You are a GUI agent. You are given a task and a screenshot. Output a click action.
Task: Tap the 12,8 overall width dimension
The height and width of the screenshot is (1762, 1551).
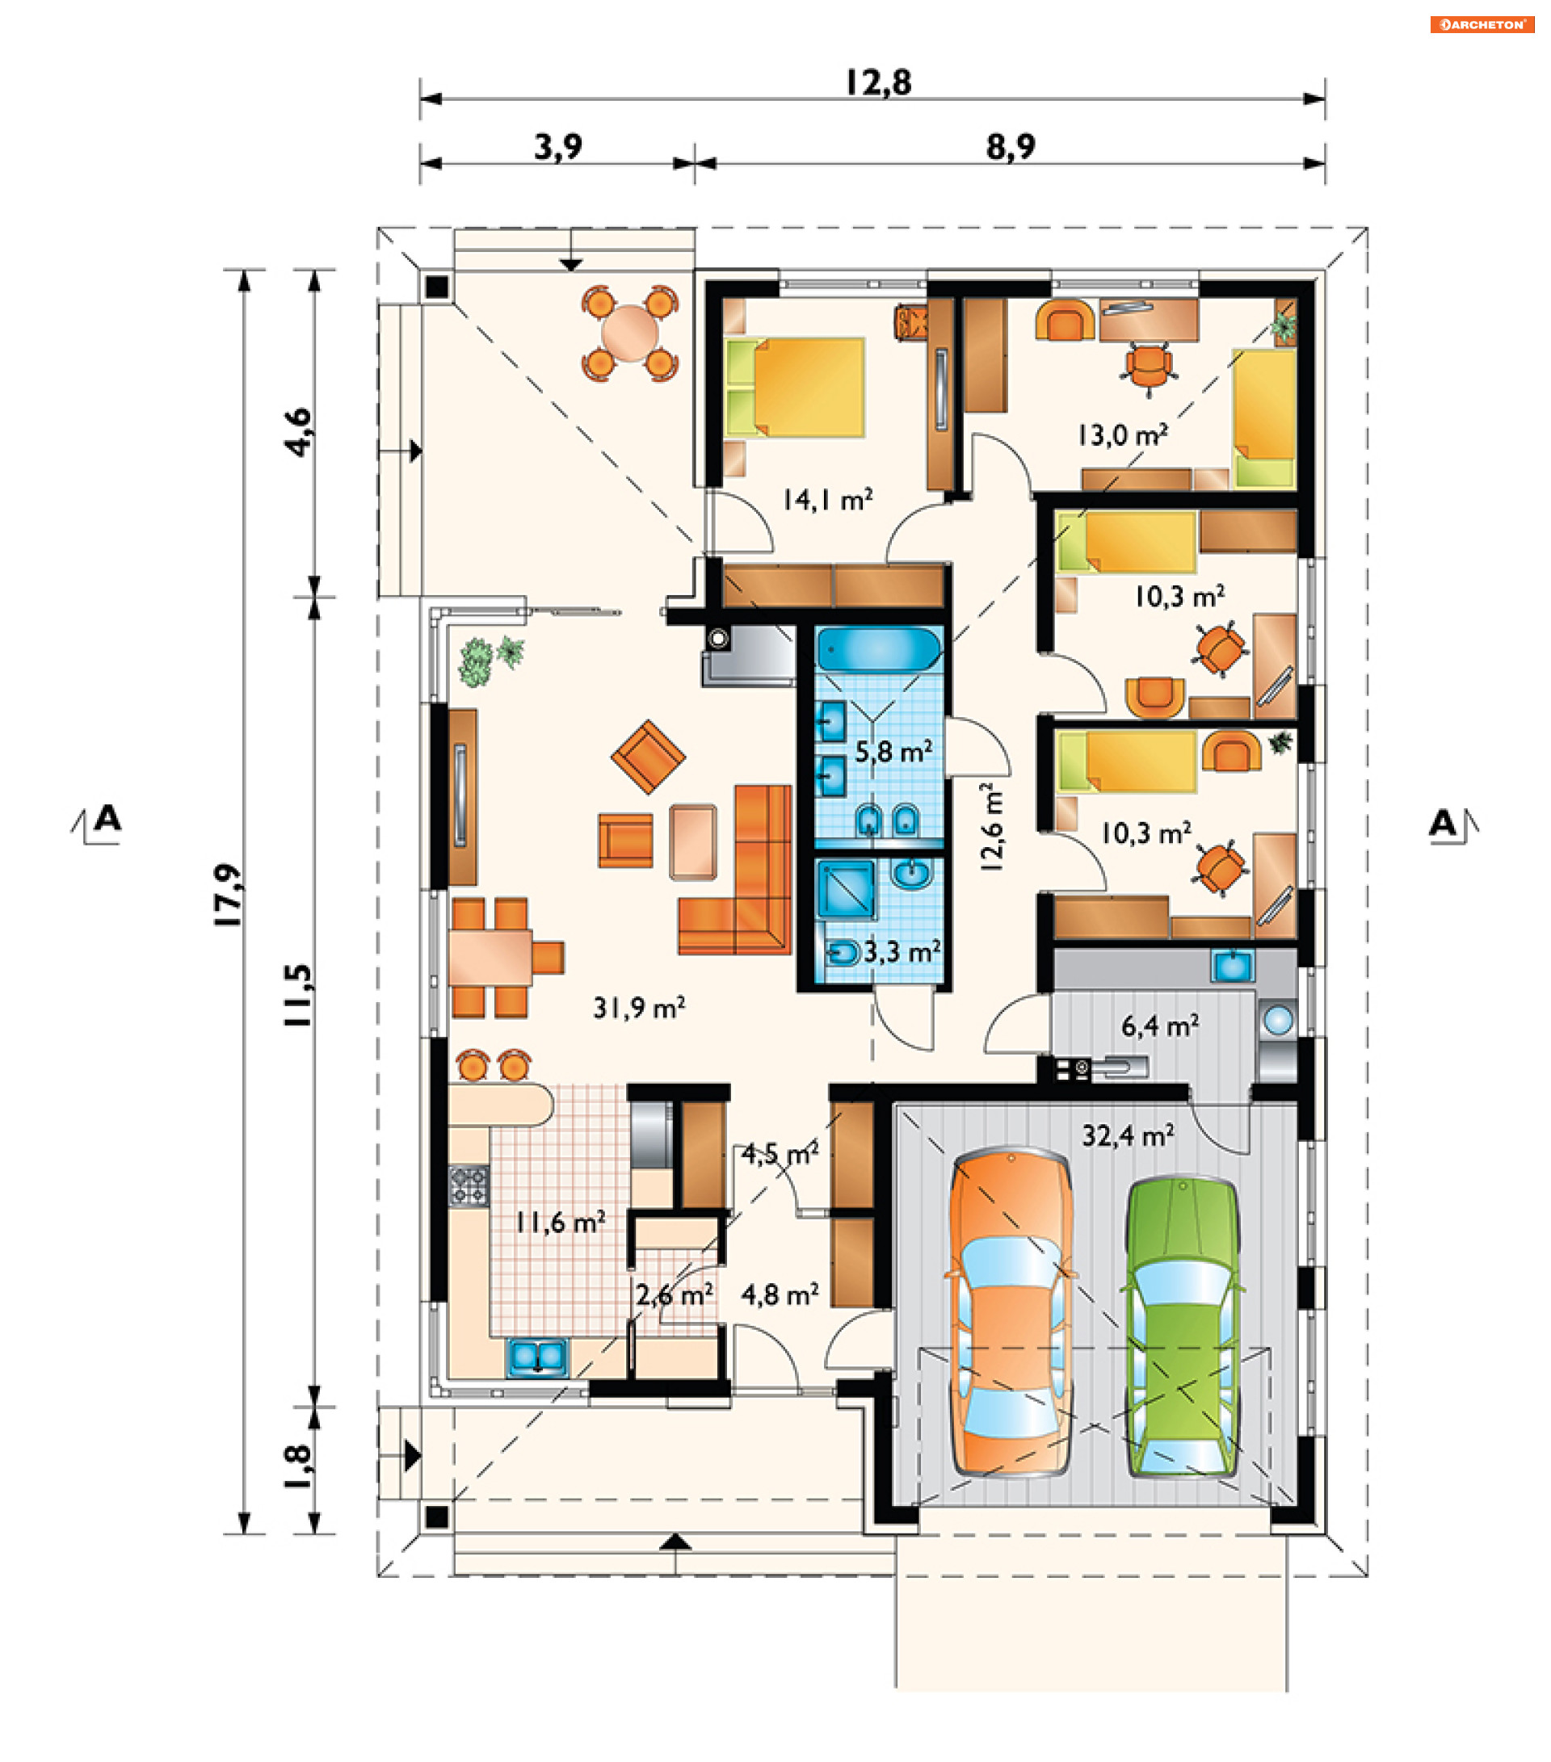[877, 82]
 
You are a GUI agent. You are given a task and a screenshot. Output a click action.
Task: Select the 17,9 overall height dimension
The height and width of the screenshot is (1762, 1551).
[229, 895]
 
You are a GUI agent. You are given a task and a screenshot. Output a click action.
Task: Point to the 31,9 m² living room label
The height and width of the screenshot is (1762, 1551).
[639, 1008]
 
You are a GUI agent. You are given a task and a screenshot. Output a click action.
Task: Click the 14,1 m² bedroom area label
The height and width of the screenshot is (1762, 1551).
[827, 500]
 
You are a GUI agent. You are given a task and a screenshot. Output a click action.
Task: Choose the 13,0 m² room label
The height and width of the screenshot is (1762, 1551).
[1123, 434]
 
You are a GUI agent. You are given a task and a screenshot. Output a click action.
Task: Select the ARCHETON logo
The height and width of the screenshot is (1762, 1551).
[1482, 25]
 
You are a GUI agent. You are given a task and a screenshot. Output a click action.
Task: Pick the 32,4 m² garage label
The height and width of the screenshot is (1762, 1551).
[1128, 1136]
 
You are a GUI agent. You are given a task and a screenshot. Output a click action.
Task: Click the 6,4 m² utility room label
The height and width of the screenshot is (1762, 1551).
[1159, 1026]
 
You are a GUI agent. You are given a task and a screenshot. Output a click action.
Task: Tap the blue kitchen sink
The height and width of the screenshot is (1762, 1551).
[537, 1356]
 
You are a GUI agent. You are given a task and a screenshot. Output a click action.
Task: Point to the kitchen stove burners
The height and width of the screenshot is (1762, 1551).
[469, 1185]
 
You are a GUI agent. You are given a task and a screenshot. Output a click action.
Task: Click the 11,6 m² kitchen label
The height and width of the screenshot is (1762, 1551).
[561, 1222]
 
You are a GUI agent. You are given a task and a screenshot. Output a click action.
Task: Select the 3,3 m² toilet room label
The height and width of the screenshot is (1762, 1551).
[902, 952]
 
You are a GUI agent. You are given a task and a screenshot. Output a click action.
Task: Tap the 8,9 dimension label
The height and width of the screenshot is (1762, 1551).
[1011, 148]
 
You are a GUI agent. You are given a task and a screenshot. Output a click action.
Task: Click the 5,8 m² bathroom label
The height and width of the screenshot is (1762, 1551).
[893, 752]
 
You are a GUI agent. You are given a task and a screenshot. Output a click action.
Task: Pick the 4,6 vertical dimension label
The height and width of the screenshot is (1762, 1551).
[298, 433]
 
